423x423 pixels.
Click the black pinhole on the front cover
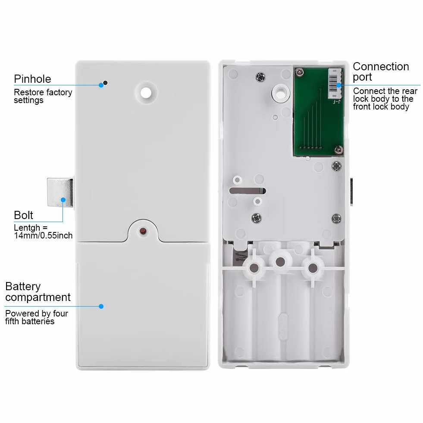(x=106, y=83)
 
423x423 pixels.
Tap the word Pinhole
(x=32, y=79)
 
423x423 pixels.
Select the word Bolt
(x=23, y=215)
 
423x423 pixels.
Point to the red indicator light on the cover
(x=143, y=231)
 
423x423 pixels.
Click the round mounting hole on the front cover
(x=146, y=93)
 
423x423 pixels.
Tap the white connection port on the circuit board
(x=335, y=84)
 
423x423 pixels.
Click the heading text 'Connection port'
(x=381, y=72)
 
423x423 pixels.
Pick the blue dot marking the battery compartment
(x=101, y=306)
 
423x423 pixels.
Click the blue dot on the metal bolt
(x=63, y=200)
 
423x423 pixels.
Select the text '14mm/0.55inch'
(x=43, y=235)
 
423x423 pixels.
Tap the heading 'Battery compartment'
(x=38, y=292)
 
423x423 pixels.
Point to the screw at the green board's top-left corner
(x=299, y=72)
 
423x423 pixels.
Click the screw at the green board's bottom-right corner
(x=338, y=149)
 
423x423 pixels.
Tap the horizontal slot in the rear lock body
(x=248, y=191)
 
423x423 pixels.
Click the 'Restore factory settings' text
(x=43, y=96)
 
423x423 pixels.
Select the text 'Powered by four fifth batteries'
(x=36, y=317)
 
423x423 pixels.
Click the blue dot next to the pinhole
(x=101, y=85)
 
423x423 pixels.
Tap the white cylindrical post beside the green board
(x=281, y=93)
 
